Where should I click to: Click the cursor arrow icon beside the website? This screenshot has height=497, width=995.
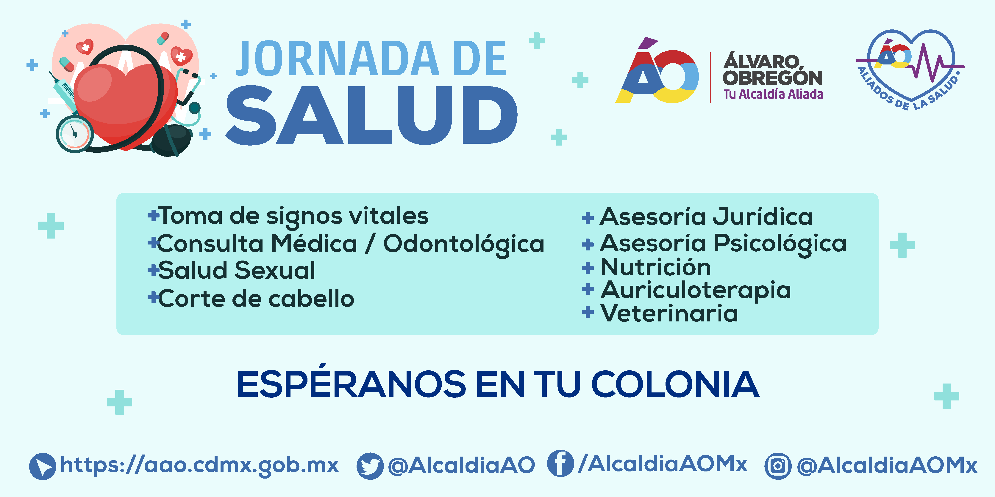click(x=43, y=466)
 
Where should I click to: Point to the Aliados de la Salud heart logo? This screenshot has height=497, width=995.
click(x=910, y=70)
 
